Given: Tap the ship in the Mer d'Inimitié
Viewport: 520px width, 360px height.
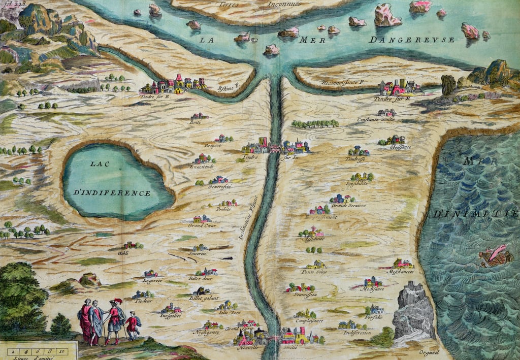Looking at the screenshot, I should [496, 256].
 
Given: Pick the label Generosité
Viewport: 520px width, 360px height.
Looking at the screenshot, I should [219, 187].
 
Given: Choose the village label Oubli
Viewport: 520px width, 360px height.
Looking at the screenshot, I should [123, 252].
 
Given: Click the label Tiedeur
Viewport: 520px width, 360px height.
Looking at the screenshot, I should [143, 301].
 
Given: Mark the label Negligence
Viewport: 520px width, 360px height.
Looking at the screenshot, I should [206, 332].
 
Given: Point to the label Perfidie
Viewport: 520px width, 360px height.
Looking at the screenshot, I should [373, 316].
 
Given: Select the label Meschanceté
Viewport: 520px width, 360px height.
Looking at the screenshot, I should [401, 272].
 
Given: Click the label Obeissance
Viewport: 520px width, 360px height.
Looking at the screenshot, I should [401, 147].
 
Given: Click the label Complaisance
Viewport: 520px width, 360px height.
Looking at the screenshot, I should [308, 321].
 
